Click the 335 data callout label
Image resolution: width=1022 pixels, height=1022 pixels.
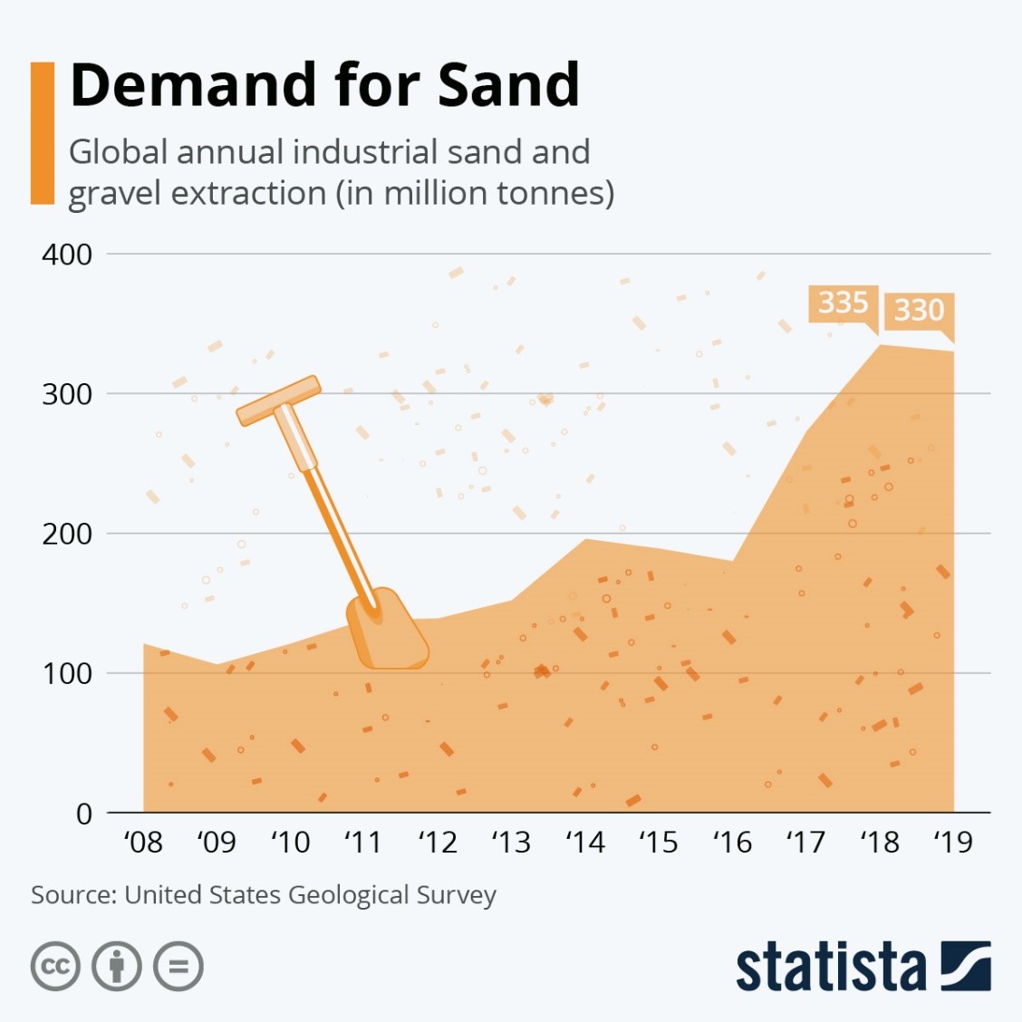tap(843, 303)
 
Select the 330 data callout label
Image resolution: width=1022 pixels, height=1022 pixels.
tap(919, 310)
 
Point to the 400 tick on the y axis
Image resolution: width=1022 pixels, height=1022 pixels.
tap(67, 255)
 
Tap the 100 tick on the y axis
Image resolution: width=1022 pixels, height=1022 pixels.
tap(67, 673)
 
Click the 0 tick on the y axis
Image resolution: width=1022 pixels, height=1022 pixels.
tap(83, 814)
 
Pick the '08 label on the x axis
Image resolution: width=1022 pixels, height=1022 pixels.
tap(143, 843)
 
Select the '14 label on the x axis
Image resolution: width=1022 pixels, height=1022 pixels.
tap(584, 843)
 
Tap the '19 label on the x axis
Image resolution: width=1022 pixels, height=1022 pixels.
tap(952, 843)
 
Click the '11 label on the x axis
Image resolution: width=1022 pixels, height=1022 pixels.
tap(363, 843)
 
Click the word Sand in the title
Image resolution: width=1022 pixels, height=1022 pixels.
tap(508, 85)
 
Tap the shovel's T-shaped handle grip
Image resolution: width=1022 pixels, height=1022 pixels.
tap(278, 400)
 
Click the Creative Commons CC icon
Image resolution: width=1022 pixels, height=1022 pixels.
tap(55, 967)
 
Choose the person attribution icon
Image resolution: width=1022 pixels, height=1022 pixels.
tap(117, 967)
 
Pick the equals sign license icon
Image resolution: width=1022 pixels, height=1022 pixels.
tap(178, 967)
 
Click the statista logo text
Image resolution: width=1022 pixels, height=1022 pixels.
tap(830, 968)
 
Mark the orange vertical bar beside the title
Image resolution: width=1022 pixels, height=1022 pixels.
tap(43, 133)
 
